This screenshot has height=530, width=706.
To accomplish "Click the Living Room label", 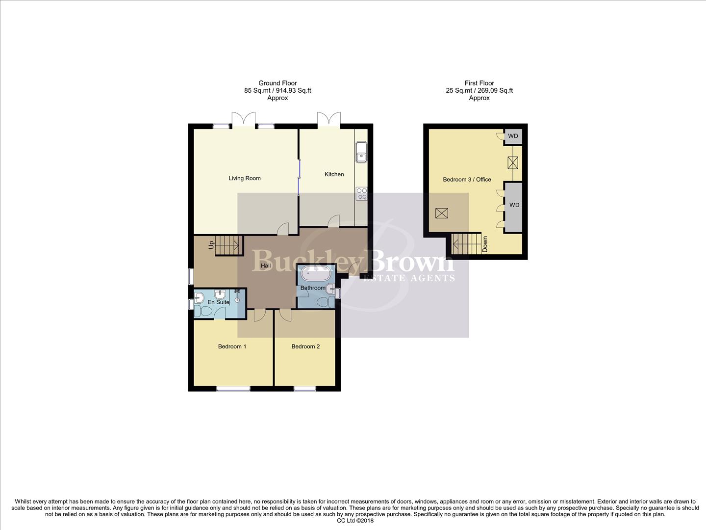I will (x=244, y=178).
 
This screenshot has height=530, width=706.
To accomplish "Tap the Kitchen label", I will (x=334, y=174).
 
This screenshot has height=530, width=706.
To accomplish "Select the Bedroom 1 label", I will (x=232, y=346).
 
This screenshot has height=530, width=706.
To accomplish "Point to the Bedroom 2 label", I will (x=305, y=346).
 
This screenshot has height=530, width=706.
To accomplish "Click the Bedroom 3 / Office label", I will (x=467, y=180).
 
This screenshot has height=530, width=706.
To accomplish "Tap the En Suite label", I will (x=218, y=302).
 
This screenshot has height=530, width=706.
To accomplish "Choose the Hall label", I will (x=266, y=266).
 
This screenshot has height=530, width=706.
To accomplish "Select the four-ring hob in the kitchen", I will (x=361, y=193).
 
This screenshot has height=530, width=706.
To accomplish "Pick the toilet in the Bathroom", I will (x=324, y=302).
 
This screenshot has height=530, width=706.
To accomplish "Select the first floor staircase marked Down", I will (x=466, y=244).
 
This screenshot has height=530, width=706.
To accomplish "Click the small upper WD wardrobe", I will (x=513, y=136).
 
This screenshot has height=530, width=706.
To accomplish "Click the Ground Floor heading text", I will (x=277, y=83).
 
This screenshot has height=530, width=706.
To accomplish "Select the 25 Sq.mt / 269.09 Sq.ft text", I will (x=479, y=91).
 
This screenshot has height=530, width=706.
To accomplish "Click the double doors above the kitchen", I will (x=328, y=119).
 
